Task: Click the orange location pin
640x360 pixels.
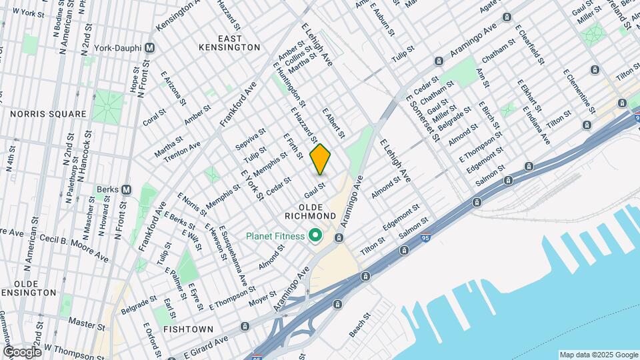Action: click(x=321, y=159)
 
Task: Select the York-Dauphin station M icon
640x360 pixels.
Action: click(x=150, y=48)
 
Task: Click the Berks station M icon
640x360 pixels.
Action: click(x=125, y=189)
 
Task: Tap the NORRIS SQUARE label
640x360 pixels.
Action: click(x=49, y=114)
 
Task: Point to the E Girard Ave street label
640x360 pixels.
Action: click(x=207, y=343)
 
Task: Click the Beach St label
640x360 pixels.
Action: click(x=357, y=323)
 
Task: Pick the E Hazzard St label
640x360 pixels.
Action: click(x=304, y=124)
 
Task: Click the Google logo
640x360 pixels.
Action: click(x=21, y=351)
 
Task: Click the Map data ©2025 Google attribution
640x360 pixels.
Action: click(x=598, y=355)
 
